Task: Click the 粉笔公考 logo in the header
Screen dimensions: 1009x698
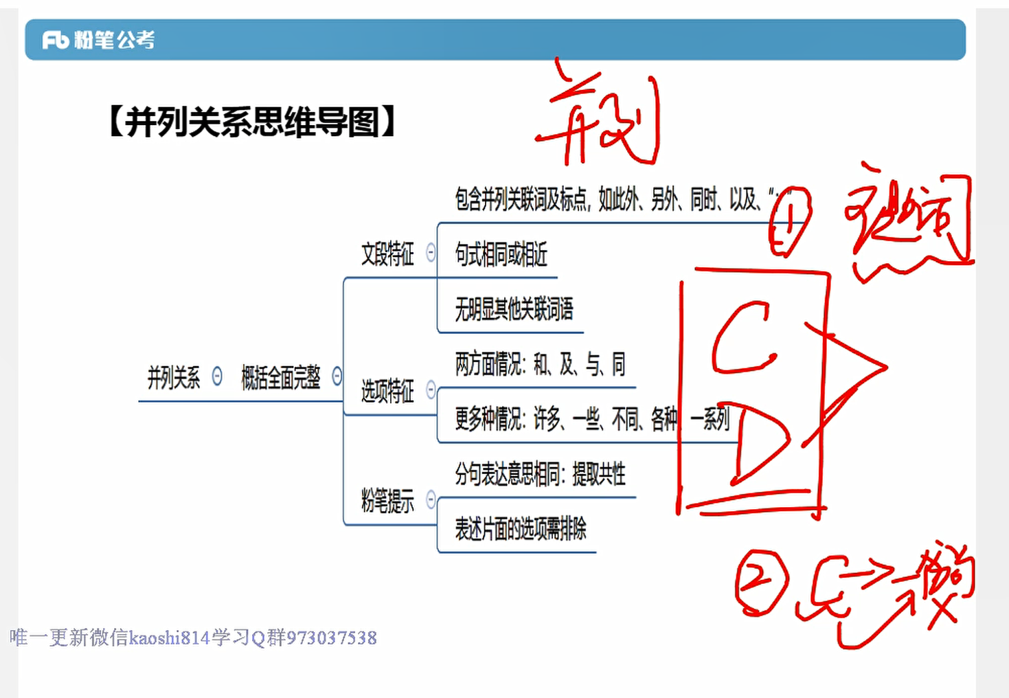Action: pos(98,40)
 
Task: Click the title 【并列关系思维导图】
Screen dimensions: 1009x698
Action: pos(251,122)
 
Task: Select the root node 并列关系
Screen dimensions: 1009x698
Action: pos(173,377)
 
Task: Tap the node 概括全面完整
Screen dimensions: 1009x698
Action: pos(280,377)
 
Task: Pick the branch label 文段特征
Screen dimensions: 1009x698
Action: pos(387,254)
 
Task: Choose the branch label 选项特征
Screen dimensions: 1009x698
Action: pos(387,391)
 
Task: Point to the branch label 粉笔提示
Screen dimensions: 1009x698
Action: pos(387,501)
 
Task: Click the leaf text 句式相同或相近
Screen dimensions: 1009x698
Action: pos(501,255)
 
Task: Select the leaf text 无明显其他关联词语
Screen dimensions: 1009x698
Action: pos(514,309)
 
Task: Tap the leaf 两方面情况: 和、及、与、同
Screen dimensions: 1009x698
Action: pos(540,364)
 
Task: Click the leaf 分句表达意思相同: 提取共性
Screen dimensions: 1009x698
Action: pos(540,474)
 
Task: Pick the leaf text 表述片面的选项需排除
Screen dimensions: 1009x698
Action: pos(520,528)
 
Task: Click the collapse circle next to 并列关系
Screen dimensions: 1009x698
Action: pos(217,376)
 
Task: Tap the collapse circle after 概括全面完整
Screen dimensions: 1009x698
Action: pos(337,376)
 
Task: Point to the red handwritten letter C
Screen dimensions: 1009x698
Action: pos(742,338)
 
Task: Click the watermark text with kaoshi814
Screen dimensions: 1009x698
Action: pos(193,638)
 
